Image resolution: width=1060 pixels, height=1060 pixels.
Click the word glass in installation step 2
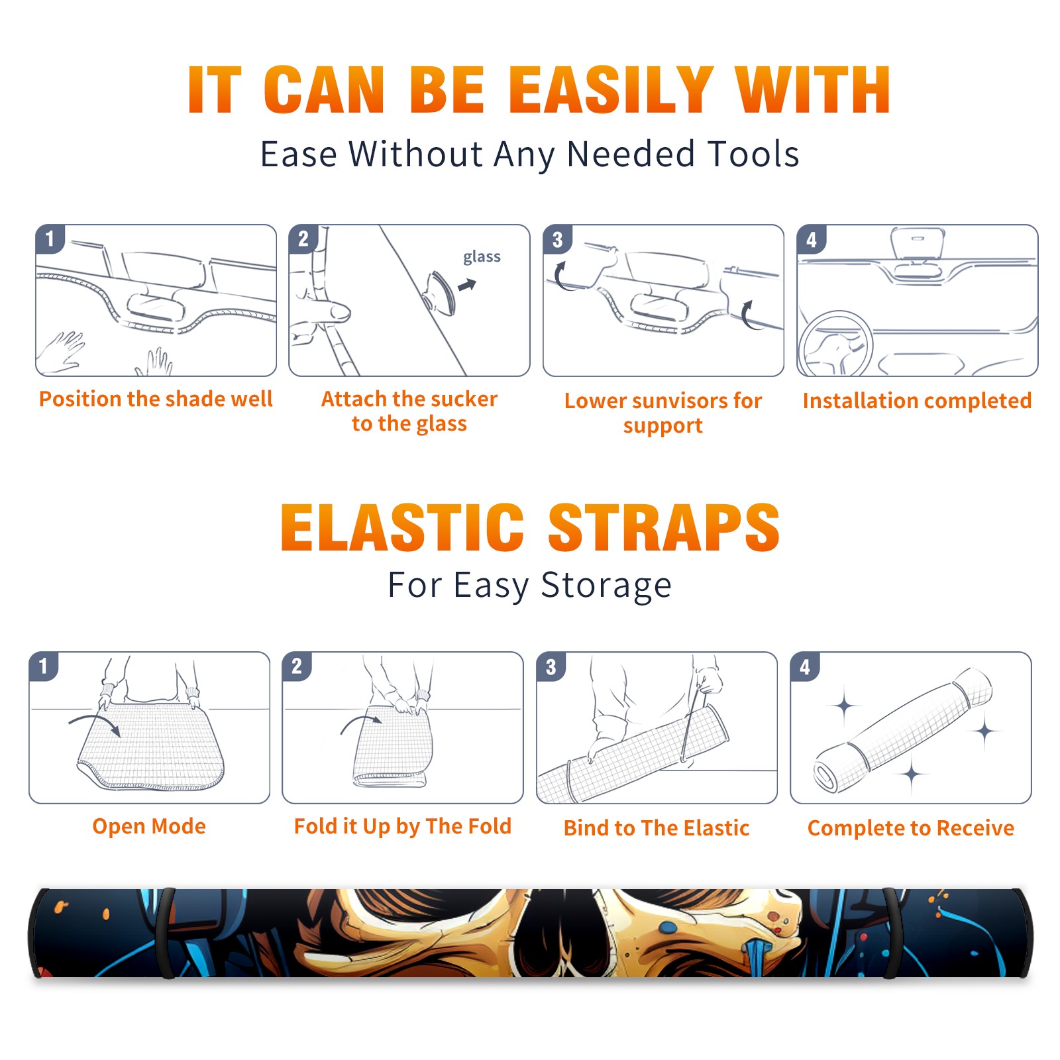point(482,257)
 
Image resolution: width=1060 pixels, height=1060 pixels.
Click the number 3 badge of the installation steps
point(558,239)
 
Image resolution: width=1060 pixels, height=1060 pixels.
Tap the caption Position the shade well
point(156,399)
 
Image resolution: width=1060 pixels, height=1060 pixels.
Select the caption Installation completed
point(917,401)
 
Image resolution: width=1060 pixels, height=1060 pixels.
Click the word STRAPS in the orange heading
point(664,527)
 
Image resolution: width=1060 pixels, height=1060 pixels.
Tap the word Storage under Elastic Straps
point(606,586)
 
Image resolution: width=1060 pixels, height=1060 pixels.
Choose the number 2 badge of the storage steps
point(297,666)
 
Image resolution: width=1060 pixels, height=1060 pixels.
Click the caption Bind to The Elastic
point(657,828)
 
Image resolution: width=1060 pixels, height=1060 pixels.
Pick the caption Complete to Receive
point(911,828)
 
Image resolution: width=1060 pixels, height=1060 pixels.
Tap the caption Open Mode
point(149,826)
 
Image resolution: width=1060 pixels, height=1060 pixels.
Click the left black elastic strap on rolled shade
point(165,933)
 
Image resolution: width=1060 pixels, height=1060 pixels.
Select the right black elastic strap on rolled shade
point(892,933)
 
